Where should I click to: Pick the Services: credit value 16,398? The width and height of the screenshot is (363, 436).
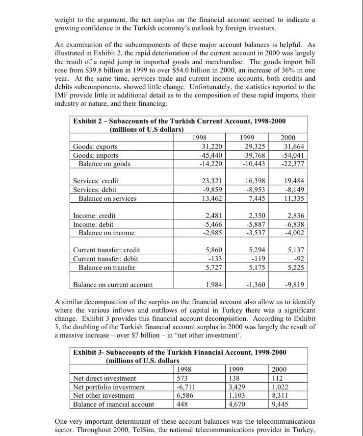point(255,181)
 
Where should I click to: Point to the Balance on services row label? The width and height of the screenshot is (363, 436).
point(107,198)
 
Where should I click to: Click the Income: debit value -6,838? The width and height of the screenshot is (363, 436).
point(295,224)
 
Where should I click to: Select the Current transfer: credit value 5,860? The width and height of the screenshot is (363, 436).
point(214,250)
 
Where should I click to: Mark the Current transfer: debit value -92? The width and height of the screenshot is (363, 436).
point(298,259)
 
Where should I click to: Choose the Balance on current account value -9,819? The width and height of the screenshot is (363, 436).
point(295,285)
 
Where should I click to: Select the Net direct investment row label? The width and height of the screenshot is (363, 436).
point(104,378)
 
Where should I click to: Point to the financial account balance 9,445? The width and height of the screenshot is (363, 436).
point(280,404)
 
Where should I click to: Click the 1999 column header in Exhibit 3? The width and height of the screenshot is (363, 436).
point(238,369)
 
